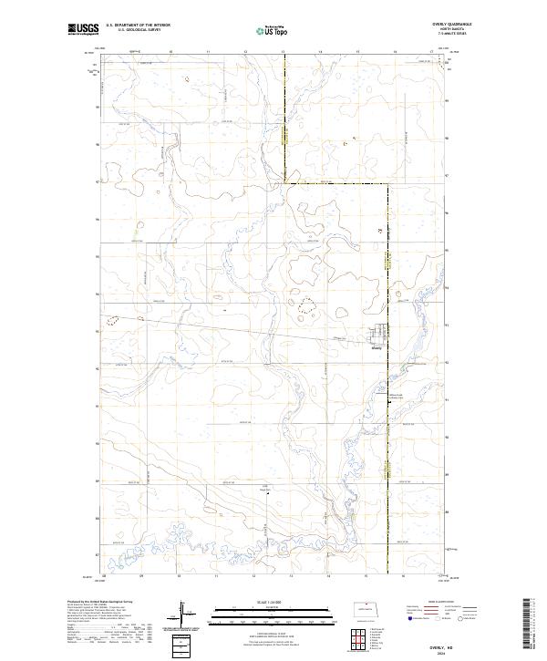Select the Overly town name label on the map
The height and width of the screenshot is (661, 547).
377,346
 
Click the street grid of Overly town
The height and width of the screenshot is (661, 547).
380,334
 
